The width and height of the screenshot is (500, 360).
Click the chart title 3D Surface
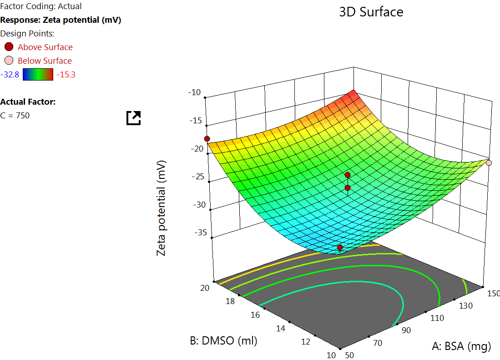click(371, 12)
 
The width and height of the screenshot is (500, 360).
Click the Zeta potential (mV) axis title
click(162, 208)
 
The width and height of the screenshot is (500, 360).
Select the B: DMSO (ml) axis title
click(224, 340)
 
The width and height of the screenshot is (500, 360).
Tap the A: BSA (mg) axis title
click(461, 347)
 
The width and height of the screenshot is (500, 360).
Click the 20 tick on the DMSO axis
click(205, 288)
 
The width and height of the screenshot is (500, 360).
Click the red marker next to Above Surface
click(9, 47)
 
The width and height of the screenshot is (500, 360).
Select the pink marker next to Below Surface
click(9, 61)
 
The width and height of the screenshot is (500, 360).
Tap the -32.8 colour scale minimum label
click(10, 74)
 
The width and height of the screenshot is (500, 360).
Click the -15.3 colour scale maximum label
click(66, 74)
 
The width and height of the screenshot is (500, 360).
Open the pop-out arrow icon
click(134, 118)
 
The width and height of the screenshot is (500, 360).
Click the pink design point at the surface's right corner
click(489, 162)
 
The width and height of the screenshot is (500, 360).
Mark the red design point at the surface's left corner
click(207, 138)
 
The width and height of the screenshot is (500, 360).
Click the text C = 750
click(15, 116)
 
